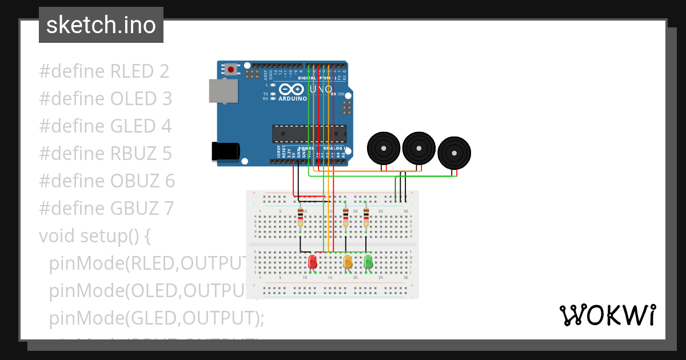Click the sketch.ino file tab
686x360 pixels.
[x=101, y=25]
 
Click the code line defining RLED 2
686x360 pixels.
[x=104, y=71]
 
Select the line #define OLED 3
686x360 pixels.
[x=105, y=99]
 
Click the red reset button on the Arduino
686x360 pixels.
[x=230, y=70]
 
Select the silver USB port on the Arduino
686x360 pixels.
[x=223, y=91]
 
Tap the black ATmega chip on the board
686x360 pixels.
[x=309, y=133]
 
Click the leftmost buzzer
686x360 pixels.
[x=383, y=149]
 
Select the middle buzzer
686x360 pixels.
[x=419, y=148]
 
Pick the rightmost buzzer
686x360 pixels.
[x=454, y=153]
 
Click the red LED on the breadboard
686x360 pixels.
[x=313, y=262]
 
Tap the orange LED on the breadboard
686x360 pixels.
[x=348, y=262]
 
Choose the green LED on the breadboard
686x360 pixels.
[x=368, y=262]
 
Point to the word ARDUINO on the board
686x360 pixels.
[x=292, y=99]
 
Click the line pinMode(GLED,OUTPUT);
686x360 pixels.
[x=157, y=318]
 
